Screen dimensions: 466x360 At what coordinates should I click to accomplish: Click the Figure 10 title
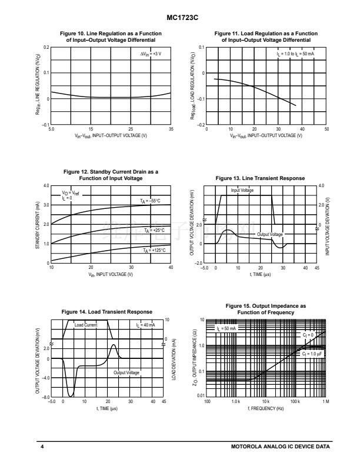pyautogui.click(x=111, y=38)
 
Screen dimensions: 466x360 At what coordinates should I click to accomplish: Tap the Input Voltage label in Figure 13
pyautogui.click(x=242, y=191)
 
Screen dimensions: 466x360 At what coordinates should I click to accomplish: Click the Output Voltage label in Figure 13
pyautogui.click(x=270, y=234)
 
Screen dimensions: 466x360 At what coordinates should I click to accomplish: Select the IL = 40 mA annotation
pyautogui.click(x=146, y=324)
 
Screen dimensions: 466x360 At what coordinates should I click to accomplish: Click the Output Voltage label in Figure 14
pyautogui.click(x=126, y=372)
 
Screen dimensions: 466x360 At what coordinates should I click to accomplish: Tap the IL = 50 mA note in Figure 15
pyautogui.click(x=226, y=327)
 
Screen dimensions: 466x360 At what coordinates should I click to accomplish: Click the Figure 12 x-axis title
pyautogui.click(x=111, y=274)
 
